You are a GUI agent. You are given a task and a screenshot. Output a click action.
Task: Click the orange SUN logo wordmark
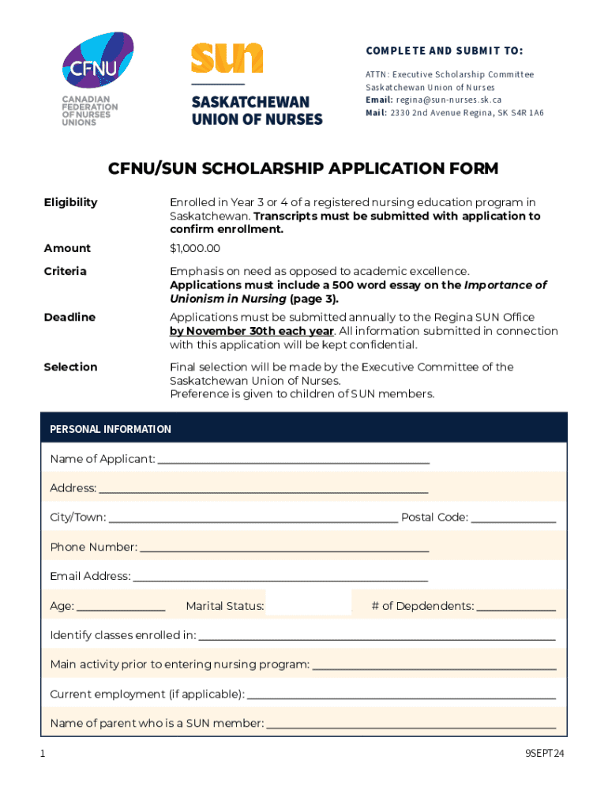tap(227, 58)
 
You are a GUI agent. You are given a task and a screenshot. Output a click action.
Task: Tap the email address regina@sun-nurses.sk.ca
tap(448, 100)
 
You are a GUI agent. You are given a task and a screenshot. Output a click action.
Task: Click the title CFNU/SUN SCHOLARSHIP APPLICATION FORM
tap(303, 168)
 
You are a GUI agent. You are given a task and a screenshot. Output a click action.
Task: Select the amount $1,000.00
tap(195, 248)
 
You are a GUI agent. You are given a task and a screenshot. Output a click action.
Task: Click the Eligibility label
tap(71, 202)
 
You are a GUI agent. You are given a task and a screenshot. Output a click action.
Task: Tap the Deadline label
tap(69, 317)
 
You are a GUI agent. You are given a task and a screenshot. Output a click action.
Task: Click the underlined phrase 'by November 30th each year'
tap(252, 331)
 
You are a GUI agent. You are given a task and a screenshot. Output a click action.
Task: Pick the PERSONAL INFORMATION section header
tap(111, 429)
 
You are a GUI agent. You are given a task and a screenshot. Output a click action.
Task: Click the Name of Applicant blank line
tap(294, 461)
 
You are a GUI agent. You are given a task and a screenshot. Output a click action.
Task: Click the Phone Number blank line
tap(284, 549)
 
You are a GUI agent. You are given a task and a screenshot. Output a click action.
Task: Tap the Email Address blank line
tap(280, 578)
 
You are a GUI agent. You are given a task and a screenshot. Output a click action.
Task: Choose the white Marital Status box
tap(309, 603)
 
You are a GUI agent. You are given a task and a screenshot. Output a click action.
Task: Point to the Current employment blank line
tap(401, 696)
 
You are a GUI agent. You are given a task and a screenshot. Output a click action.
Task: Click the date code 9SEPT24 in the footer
tap(546, 754)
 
